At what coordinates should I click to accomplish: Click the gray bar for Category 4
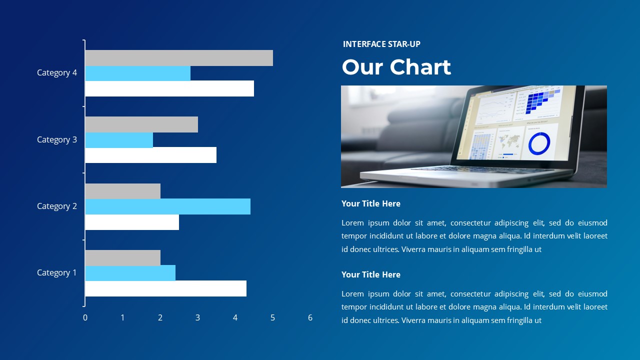point(179,58)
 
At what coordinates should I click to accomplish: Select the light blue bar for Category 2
point(167,206)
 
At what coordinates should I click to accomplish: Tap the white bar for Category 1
point(165,288)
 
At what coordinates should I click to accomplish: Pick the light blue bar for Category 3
point(119,140)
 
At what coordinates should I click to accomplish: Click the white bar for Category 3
point(150,155)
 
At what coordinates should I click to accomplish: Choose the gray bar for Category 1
point(122,258)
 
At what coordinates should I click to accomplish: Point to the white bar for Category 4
point(169,88)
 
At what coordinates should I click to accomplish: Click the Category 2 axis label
point(57,206)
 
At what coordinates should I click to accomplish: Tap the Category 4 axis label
point(57,72)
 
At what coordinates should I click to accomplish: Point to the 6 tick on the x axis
point(310,317)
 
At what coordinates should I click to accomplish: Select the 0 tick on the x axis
point(85,317)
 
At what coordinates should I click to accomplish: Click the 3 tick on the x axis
point(197,317)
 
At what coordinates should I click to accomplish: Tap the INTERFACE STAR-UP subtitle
point(381,44)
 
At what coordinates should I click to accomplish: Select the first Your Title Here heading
point(371,203)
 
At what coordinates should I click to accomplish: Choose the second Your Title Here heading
point(371,274)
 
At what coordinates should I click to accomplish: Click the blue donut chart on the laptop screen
point(539,143)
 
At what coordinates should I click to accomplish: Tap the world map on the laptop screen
point(509,142)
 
